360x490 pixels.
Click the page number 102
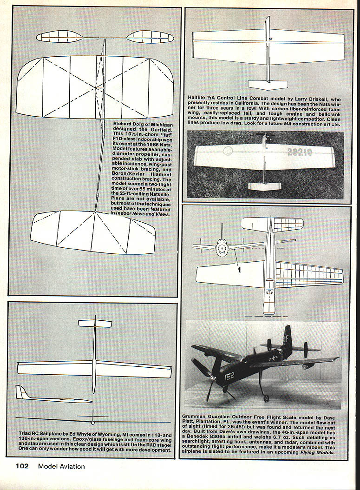22,466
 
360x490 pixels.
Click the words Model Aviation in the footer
61,466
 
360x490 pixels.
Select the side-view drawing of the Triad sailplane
51,396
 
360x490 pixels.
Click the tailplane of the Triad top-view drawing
95,323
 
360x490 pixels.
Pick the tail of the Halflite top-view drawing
268,85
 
